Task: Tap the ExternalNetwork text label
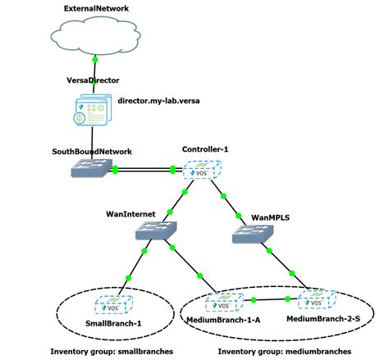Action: point(96,7)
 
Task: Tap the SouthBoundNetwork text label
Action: point(92,152)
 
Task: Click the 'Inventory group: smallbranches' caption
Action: point(106,351)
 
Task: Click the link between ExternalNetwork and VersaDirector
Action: point(95,70)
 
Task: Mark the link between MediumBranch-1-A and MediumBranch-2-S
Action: point(271,301)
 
